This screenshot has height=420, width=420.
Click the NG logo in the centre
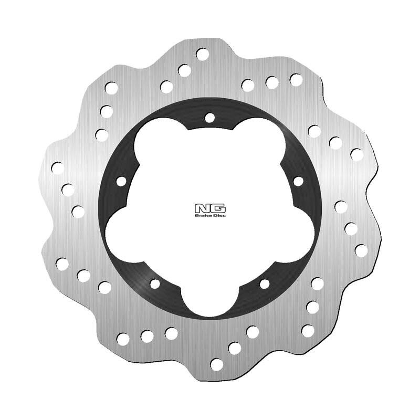click(x=210, y=207)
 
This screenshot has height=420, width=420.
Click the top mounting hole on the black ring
click(x=209, y=118)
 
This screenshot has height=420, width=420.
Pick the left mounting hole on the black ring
click(x=121, y=182)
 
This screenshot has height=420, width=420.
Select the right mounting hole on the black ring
click(x=298, y=182)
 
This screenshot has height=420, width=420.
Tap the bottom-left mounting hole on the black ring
click(x=155, y=284)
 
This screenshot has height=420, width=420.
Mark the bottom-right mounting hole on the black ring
click(x=265, y=284)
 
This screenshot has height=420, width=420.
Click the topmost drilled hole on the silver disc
click(x=202, y=54)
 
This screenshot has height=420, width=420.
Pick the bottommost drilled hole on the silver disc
click(x=216, y=364)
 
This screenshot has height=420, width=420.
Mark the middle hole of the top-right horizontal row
click(x=272, y=82)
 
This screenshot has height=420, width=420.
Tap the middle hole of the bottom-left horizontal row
click(x=147, y=336)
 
